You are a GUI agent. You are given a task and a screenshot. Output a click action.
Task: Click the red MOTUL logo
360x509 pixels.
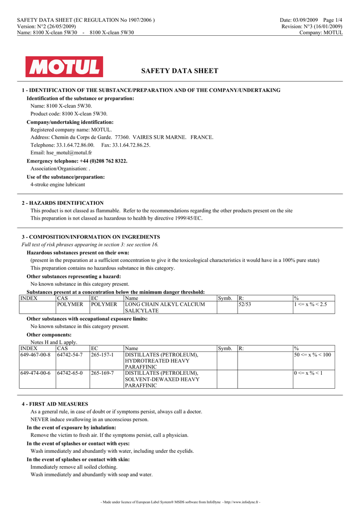[65, 67]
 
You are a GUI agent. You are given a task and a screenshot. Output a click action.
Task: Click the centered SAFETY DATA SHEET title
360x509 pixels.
[180, 71]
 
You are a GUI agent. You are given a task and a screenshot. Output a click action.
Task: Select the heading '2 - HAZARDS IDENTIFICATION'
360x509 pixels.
[63, 203]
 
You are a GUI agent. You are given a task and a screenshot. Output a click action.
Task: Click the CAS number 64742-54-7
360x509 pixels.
[70, 355]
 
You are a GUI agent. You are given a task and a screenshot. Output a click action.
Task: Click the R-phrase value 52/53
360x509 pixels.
[245, 304]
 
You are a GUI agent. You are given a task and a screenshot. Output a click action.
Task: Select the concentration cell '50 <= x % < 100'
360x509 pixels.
[312, 355]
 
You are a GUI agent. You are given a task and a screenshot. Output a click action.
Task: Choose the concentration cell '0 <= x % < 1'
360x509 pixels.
[308, 373]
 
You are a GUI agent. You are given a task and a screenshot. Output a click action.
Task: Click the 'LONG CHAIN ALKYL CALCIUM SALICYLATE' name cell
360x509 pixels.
[165, 307]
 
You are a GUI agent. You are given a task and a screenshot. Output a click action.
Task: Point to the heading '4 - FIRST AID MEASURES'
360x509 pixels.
[55, 404]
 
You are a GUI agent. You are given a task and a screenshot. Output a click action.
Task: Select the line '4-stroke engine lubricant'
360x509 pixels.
[58, 184]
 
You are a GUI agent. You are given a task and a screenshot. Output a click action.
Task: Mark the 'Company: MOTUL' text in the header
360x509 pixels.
[321, 33]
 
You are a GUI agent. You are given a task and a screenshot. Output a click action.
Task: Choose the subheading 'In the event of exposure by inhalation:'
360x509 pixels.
[71, 427]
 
